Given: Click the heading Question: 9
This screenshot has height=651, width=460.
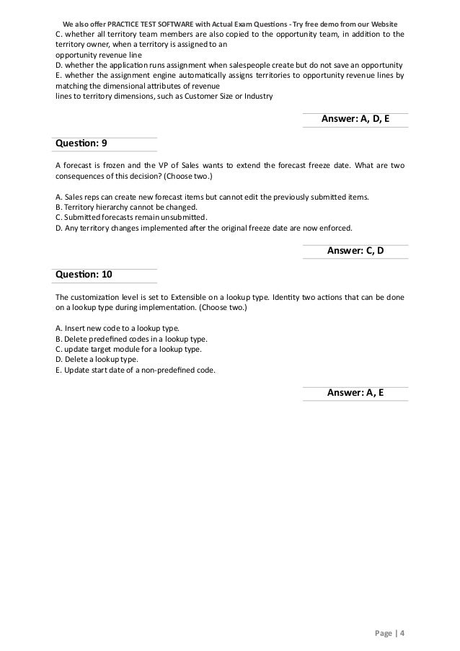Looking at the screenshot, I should point(81,143).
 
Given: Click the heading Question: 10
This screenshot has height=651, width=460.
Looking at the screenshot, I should point(84,274).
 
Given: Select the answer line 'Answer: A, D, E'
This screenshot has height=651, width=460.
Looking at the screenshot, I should point(354,120).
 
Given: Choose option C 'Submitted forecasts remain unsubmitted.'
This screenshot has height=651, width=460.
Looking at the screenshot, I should point(131,218).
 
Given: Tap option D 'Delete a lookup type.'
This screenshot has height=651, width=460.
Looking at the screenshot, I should point(96,359).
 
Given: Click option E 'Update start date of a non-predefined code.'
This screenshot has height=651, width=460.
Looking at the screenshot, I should point(134,371).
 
